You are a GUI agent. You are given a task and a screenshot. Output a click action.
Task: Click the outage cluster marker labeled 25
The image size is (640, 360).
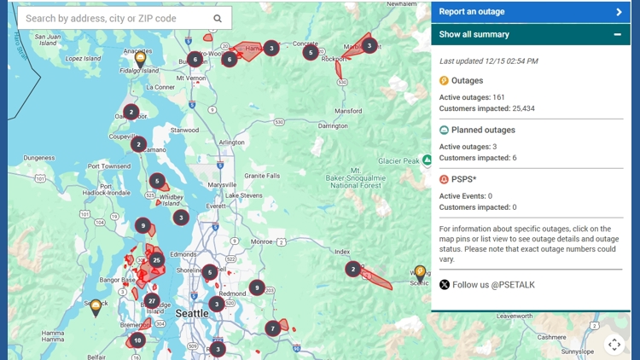[x=156, y=259]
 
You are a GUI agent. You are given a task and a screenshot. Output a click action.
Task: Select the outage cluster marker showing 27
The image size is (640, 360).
[x=152, y=300]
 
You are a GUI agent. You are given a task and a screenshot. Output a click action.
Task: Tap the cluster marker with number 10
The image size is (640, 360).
[x=137, y=340]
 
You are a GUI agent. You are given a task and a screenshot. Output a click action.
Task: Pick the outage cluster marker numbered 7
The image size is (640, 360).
[x=273, y=328]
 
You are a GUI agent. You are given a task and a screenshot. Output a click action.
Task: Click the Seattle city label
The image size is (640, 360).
[x=191, y=313]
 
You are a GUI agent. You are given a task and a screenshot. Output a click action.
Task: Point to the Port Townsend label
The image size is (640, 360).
[x=108, y=166]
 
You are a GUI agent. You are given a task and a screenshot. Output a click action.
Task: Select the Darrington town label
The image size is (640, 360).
[x=333, y=125]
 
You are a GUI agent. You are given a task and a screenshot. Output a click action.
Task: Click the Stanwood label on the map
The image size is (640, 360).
[x=184, y=131]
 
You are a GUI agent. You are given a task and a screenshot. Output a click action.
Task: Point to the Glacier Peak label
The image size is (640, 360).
[x=399, y=160]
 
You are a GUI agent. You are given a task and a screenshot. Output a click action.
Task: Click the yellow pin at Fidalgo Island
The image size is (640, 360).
[x=141, y=59]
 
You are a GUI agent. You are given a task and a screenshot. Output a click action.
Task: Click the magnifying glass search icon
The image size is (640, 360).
[x=218, y=18]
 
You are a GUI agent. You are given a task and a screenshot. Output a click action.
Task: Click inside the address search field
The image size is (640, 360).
[x=111, y=18]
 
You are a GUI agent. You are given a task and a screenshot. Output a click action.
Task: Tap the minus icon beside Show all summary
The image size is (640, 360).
[x=617, y=34]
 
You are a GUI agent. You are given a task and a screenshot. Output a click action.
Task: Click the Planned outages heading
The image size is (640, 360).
[x=483, y=131]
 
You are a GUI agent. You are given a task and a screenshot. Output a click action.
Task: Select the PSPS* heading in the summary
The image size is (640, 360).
[x=464, y=179]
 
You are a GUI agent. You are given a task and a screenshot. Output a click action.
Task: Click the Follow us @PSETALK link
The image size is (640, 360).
[x=493, y=285]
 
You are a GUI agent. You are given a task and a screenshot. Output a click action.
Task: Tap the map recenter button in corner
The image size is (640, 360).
[x=614, y=344]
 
